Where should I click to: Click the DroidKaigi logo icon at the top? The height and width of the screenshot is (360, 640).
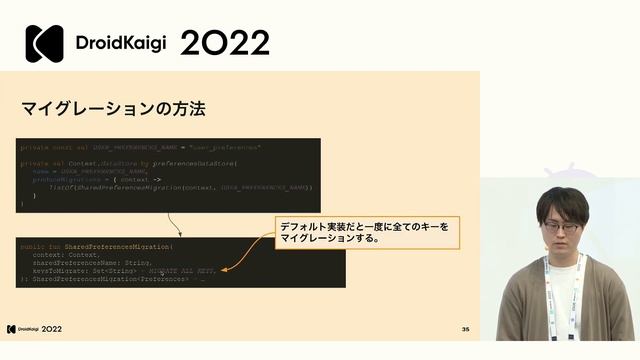[x=44, y=44]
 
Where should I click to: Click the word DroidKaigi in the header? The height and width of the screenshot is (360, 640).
[x=122, y=44]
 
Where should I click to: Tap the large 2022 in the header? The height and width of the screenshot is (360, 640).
[x=225, y=44]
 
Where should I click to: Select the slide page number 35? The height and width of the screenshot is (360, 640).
[x=465, y=329]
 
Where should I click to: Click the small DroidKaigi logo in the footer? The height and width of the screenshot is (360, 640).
[x=12, y=329]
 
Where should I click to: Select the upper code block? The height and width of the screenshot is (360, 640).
[x=168, y=174]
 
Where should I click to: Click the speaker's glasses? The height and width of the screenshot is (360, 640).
[x=561, y=228]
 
